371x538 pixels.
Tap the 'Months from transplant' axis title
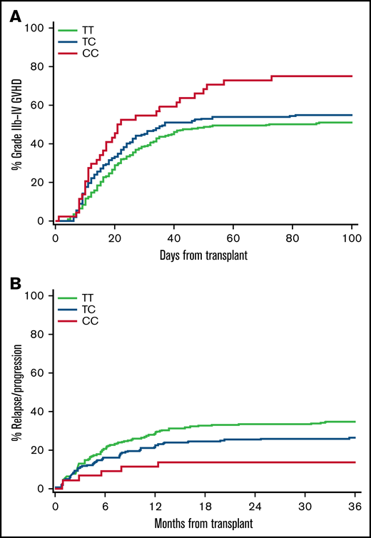pos(205,522)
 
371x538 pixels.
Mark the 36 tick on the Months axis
pos(355,504)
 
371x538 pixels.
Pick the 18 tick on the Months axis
pos(205,504)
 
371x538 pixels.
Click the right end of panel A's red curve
pos(355,76)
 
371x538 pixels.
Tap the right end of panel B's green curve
pos(355,421)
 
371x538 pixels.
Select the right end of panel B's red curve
pos(355,462)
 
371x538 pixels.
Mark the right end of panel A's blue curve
pos(355,115)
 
